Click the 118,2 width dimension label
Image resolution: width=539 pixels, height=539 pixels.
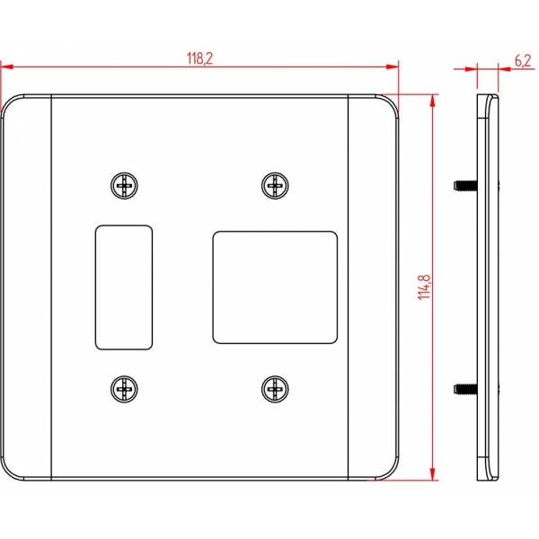pos(199,58)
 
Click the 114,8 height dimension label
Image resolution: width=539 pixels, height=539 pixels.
pos(424,287)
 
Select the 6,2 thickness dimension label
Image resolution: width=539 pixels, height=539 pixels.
pos(523,61)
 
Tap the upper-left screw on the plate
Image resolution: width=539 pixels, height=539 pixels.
pos(125,186)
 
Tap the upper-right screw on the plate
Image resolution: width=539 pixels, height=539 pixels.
pos(275,186)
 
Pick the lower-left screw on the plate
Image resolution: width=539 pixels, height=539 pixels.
pos(125,389)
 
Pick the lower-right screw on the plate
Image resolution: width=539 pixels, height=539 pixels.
pos(275,389)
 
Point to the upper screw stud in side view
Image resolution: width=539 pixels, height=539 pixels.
pos(465,186)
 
